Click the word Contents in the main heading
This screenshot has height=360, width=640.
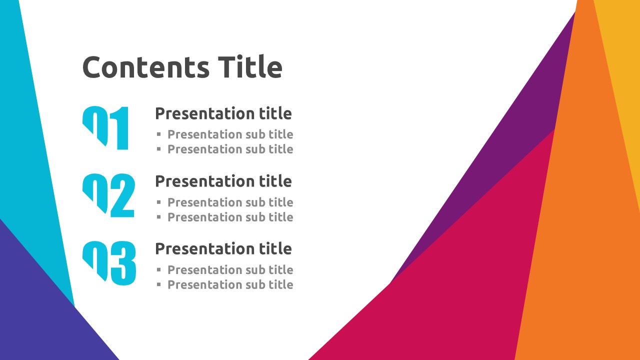click(146, 67)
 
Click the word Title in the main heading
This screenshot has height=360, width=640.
click(250, 66)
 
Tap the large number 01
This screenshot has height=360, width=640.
click(105, 127)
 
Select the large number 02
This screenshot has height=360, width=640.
click(108, 195)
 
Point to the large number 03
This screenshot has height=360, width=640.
click(109, 263)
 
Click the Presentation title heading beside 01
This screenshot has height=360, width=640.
click(223, 113)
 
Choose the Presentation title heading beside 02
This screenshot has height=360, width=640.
click(223, 181)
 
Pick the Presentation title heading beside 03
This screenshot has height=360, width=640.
click(223, 248)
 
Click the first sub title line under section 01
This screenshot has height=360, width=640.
click(230, 134)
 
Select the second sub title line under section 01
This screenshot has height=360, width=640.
click(230, 149)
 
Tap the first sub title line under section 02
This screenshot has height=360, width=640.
click(230, 202)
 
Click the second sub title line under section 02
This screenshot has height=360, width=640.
click(230, 217)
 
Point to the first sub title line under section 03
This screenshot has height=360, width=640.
click(230, 269)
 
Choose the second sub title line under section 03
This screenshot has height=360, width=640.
click(230, 284)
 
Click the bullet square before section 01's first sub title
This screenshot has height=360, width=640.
click(159, 134)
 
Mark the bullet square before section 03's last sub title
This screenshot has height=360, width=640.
click(159, 284)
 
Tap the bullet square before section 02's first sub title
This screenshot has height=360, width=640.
click(159, 202)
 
